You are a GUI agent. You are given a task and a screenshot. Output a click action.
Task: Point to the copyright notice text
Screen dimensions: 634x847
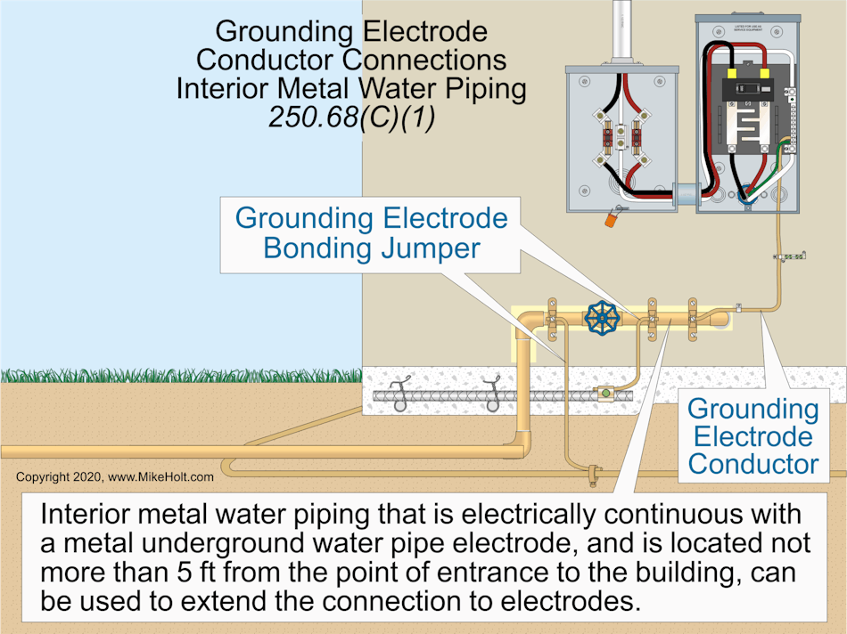tap(115, 477)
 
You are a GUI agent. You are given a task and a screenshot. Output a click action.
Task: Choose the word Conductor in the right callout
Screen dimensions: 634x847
tap(753, 463)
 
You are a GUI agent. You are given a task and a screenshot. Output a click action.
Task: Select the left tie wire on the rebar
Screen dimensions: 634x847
tap(399, 392)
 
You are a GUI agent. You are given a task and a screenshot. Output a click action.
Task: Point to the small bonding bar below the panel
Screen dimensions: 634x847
tap(790, 257)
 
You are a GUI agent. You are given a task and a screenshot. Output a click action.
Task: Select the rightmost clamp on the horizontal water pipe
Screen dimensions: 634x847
tap(692, 317)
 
